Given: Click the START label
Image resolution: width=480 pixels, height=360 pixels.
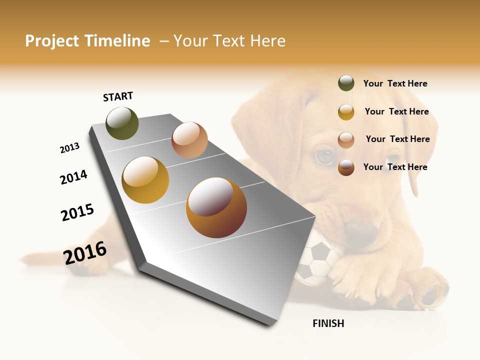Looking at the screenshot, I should coord(118,96).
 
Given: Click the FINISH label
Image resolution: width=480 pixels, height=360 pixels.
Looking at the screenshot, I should coord(328,323).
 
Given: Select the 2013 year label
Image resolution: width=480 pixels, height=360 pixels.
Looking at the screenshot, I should coord(69,148).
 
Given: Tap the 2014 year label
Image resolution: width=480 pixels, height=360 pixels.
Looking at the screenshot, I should coord(73,177).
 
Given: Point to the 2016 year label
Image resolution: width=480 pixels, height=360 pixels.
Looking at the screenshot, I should coord(85,253).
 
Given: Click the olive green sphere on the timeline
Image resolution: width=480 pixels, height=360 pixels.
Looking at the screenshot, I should coord(122,123).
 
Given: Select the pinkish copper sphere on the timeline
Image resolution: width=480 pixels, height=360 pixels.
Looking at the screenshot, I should coord(189,140).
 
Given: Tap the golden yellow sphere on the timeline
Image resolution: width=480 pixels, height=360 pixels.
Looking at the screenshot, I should coord(145,180).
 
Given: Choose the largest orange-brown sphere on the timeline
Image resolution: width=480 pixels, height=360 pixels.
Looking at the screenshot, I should coord(216,207).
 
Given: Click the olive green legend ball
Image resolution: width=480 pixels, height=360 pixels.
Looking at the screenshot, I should coord(346,83).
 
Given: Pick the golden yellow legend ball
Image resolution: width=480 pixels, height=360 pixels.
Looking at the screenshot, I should coord(346,112).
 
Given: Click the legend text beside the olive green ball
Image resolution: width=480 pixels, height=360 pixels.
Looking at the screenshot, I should coord(395,83).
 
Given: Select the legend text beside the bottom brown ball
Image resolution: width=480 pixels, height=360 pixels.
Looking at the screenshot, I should coord(395,167).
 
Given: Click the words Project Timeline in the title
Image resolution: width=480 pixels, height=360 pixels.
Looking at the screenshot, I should coord(87,41).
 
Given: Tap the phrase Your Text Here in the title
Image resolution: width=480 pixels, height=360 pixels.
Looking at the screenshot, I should coord(229,41).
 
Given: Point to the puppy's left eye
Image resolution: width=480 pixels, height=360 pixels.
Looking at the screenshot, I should coord(324,157).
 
